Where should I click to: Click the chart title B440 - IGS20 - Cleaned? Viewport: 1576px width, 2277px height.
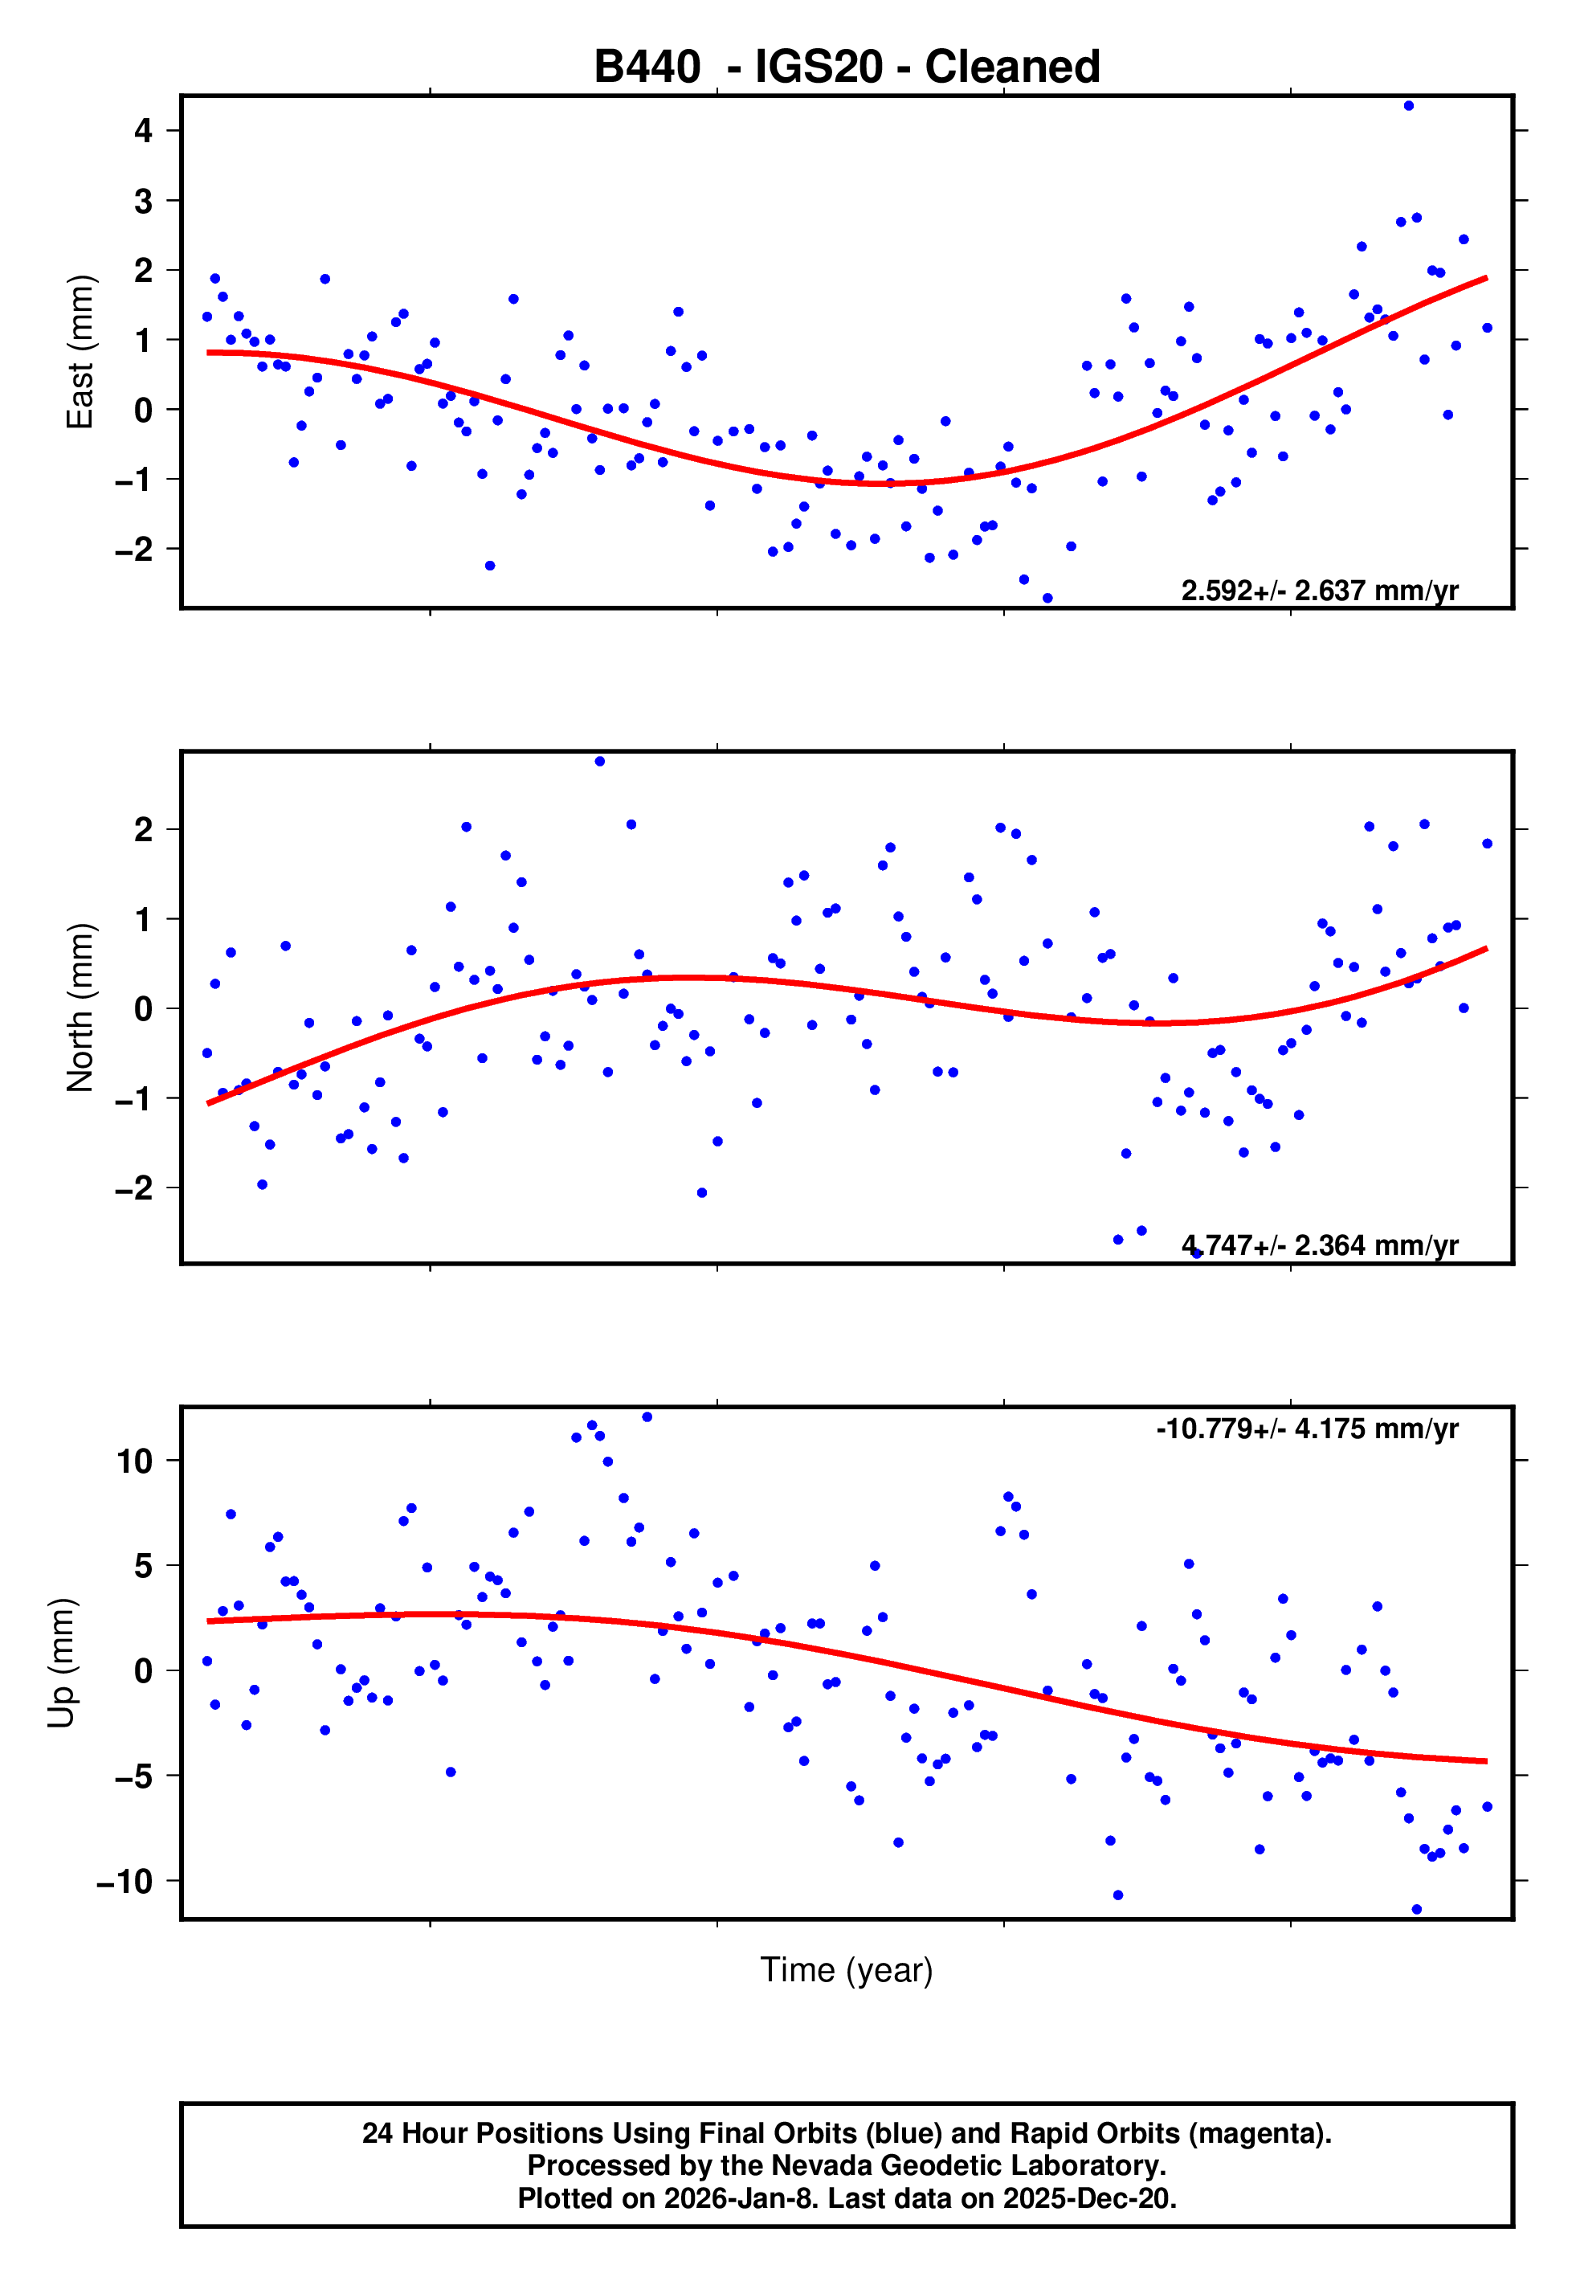pos(847,67)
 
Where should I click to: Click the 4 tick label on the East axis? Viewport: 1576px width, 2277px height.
pos(144,130)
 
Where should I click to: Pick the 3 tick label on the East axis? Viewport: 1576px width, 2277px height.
pos(144,200)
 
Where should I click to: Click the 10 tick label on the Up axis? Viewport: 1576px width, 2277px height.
pos(134,1461)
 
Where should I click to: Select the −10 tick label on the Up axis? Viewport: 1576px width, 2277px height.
pos(125,1881)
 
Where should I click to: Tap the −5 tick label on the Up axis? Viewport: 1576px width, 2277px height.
pos(134,1776)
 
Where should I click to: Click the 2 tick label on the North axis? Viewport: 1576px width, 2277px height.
pos(144,829)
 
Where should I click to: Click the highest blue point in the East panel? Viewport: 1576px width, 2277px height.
pos(1408,105)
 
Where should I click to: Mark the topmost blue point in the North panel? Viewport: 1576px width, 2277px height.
pos(599,762)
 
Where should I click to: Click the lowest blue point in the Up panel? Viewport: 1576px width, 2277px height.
pos(1416,1909)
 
